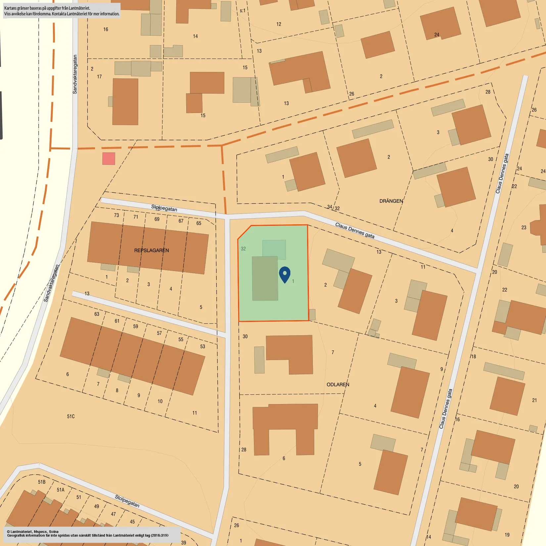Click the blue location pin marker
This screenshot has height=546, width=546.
pos(285,274)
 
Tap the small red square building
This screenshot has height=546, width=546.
pos(109,159)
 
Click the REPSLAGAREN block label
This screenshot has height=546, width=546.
pos(152,250)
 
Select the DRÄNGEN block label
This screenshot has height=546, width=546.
pos(391,201)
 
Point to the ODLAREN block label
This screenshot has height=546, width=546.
pos(338,385)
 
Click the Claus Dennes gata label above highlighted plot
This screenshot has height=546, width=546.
pos(355,230)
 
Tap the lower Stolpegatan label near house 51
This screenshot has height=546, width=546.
pos(127,501)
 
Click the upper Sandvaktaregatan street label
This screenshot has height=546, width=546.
pos(75,74)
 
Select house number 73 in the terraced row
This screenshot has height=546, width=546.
pos(116,215)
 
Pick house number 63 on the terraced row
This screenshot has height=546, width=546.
pos(97,314)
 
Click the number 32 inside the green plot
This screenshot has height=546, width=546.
pos(243,249)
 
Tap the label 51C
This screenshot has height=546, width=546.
pos(71,416)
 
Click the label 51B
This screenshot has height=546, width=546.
pos(42,482)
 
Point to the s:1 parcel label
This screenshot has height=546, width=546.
pos(243,11)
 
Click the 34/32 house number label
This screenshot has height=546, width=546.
pos(333,207)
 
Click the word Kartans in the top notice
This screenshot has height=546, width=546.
pos(11,8)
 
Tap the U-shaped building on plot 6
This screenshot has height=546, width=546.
pos(285,427)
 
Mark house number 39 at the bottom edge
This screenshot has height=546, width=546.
pos(184,543)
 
